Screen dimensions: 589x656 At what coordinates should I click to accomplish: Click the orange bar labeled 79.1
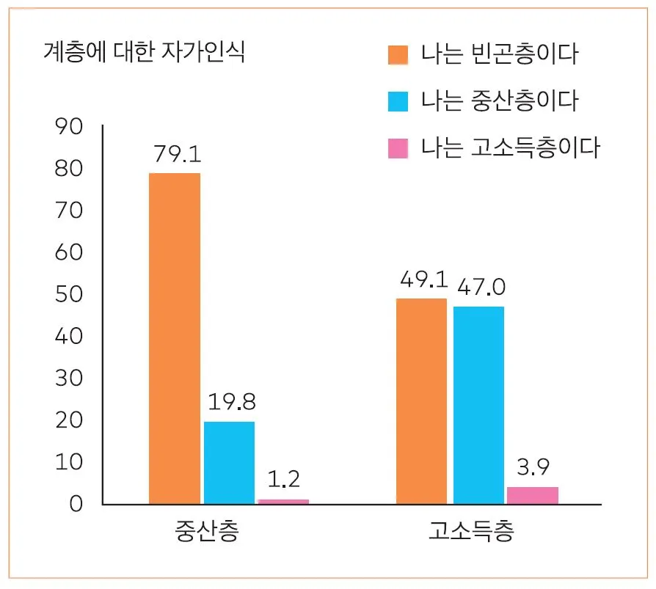pyautogui.click(x=175, y=338)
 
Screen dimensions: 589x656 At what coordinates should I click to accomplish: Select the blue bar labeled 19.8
pyautogui.click(x=229, y=463)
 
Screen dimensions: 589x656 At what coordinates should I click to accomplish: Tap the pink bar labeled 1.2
pyautogui.click(x=283, y=502)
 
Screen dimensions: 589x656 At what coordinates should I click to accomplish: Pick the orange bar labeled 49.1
pyautogui.click(x=421, y=401)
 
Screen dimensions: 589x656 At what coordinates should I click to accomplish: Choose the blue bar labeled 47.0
pyautogui.click(x=478, y=405)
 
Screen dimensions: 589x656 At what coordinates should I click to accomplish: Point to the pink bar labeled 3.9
pyautogui.click(x=533, y=495)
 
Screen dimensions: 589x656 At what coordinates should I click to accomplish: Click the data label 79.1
pyautogui.click(x=177, y=155)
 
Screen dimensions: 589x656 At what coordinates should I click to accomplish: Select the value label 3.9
pyautogui.click(x=533, y=467)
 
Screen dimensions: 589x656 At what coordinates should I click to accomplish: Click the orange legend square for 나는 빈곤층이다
pyautogui.click(x=398, y=55)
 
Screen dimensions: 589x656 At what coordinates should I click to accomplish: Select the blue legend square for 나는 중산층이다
pyautogui.click(x=398, y=101)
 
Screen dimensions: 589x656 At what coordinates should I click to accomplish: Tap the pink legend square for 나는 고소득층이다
pyautogui.click(x=398, y=148)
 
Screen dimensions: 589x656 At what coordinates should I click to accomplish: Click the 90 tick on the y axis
pyautogui.click(x=70, y=128)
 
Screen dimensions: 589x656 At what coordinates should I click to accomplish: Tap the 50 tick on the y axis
pyautogui.click(x=70, y=295)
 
